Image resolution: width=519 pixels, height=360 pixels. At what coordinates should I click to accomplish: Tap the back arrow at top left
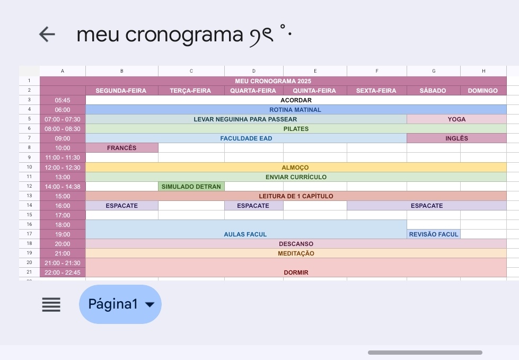pos(47,34)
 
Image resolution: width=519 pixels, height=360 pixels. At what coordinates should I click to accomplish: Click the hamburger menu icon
pos(51,304)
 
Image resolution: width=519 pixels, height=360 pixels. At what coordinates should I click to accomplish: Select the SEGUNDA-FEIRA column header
pos(121,91)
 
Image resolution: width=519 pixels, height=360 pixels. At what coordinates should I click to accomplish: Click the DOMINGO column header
pos(483,91)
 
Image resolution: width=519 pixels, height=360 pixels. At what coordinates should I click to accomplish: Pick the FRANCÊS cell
pos(122,148)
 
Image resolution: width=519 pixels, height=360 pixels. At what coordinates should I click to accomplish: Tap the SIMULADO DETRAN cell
pos(191,187)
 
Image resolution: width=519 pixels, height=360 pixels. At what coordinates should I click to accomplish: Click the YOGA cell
pos(456,119)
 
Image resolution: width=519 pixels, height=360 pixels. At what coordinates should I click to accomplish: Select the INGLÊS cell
pos(456,138)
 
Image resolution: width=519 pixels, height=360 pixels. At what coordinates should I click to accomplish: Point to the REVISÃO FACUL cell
pos(434,234)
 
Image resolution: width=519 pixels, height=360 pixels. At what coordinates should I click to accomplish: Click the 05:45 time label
pos(63,100)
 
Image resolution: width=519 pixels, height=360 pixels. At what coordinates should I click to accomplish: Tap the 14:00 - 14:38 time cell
pos(63,187)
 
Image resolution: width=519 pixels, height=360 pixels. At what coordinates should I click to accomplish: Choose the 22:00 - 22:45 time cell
pos(63,273)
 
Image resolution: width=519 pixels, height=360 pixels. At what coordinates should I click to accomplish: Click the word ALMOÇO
pos(295,168)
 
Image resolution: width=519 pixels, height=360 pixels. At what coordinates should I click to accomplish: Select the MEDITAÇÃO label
pos(296,253)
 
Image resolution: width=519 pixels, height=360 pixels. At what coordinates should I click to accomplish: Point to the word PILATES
pos(296,129)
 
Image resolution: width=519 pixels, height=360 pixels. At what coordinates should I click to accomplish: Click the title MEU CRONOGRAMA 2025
pos(273,81)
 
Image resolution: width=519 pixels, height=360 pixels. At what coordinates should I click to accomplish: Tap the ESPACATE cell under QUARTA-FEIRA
pos(253,206)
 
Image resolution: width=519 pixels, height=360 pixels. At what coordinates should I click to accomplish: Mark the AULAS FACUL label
pos(245,234)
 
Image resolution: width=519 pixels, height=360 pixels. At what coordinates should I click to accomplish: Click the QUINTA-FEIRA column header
pos(315,91)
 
